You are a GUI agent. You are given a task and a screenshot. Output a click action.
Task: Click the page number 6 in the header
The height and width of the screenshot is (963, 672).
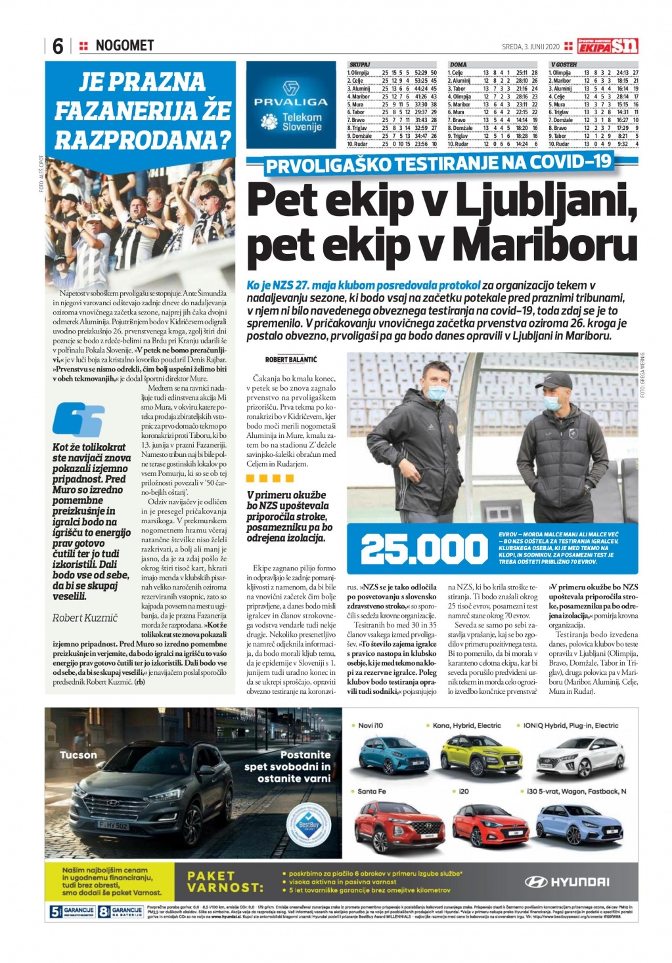tap(58, 46)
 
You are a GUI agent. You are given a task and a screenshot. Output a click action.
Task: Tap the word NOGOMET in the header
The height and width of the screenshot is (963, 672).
tap(124, 45)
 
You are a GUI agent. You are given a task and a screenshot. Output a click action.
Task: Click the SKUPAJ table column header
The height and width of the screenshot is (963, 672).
tap(360, 65)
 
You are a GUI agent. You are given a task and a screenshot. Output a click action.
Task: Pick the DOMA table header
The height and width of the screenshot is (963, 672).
tap(459, 65)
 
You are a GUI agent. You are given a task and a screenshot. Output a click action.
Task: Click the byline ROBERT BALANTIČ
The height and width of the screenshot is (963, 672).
tap(290, 360)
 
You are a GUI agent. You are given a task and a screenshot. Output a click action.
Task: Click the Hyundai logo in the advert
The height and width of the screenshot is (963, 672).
tap(568, 882)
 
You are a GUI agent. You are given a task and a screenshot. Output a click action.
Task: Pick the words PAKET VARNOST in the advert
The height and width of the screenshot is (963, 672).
tap(224, 881)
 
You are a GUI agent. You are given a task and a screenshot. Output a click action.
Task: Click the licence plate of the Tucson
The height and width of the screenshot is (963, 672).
tap(113, 825)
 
